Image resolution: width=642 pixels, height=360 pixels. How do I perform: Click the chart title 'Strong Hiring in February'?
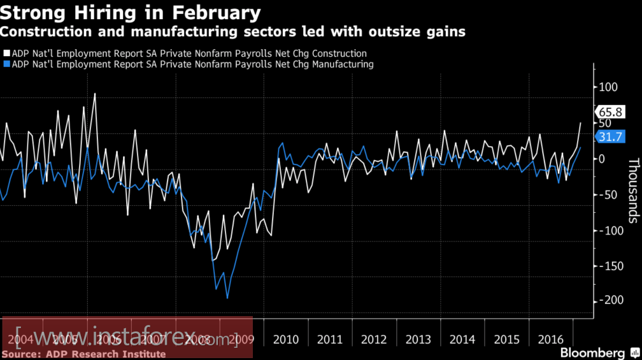coord(130,13)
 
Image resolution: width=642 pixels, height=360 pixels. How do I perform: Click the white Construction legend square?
coord(6,54)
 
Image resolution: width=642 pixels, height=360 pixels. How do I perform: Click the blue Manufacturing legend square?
coord(6,64)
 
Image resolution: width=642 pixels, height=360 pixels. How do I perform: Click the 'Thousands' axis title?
coord(632,191)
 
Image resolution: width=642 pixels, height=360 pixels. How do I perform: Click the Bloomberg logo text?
coord(592,352)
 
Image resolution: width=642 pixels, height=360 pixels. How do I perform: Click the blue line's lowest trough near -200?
coord(227,298)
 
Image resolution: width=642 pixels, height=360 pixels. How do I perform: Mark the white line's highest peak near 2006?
coord(95,94)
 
